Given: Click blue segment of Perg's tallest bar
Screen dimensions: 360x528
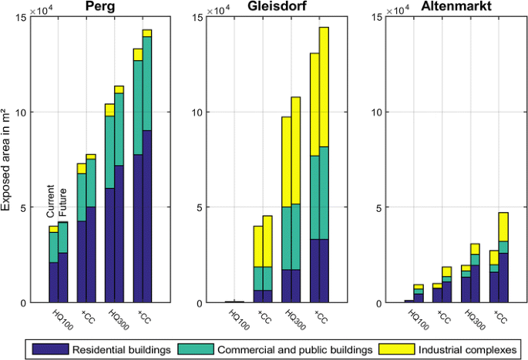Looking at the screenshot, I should pos(146,216).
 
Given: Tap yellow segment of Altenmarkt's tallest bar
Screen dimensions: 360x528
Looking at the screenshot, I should pos(503,227).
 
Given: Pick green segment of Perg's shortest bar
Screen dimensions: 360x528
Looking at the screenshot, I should pos(53,247).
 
